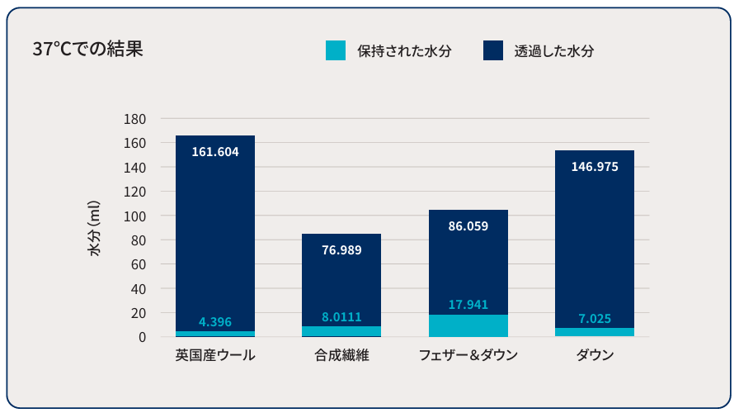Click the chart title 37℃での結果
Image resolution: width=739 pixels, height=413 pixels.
[x=87, y=50]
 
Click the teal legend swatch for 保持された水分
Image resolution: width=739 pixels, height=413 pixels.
[x=336, y=50]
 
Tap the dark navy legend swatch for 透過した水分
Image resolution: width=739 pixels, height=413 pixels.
[x=493, y=50]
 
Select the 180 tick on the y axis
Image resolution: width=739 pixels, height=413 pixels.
[x=135, y=119]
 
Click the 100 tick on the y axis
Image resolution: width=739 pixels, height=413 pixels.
[x=135, y=216]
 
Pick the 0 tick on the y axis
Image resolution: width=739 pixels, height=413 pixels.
[x=141, y=337]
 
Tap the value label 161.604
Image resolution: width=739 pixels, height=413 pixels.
[x=215, y=152]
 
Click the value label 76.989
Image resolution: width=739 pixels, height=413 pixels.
[x=341, y=250]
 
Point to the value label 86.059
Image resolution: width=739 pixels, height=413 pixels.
[x=468, y=225]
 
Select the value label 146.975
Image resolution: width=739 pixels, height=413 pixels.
[x=595, y=166]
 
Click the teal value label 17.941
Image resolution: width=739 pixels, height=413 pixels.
[x=468, y=305]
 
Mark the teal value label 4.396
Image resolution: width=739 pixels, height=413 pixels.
[x=215, y=322]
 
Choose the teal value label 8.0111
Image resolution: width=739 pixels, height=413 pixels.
[x=341, y=316]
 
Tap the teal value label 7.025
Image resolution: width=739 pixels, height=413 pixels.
[x=595, y=318]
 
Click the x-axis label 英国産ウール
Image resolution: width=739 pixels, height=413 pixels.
[x=215, y=356]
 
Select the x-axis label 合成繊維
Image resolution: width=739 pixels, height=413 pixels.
[x=341, y=356]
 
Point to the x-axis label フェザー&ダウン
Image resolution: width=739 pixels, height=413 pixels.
[x=468, y=356]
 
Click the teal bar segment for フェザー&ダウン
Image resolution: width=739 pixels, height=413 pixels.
[x=468, y=325]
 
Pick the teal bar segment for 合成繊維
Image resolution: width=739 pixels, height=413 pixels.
[x=341, y=331]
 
